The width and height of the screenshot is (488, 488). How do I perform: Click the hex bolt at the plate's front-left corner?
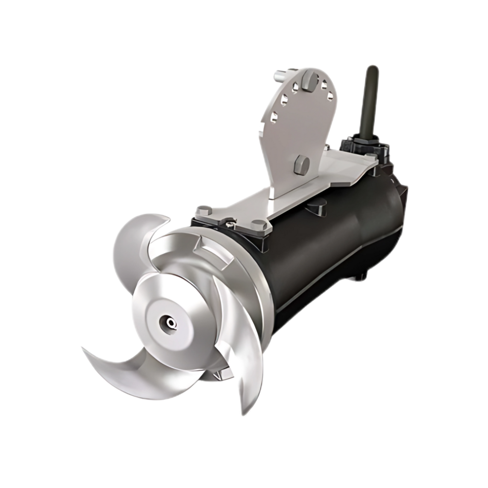203,211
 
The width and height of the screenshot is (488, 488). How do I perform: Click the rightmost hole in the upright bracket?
331,95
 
